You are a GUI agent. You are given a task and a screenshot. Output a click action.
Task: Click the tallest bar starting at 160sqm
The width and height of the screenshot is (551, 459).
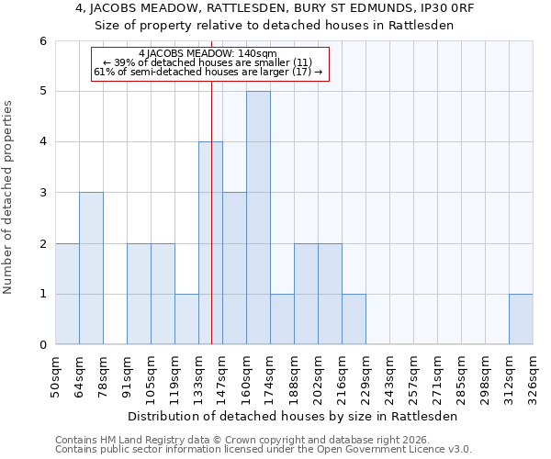(x=258, y=218)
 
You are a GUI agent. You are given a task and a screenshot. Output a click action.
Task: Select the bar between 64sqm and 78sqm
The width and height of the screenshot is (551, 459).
(x=91, y=268)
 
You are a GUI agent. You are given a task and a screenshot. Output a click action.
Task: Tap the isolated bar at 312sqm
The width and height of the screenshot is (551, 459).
(x=521, y=319)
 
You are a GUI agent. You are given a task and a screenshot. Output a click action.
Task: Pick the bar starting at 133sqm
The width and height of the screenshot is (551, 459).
(x=210, y=243)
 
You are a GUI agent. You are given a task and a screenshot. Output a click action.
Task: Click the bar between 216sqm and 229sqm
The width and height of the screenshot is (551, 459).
(x=354, y=319)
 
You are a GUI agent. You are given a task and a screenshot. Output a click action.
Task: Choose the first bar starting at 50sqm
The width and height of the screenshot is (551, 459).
(x=67, y=294)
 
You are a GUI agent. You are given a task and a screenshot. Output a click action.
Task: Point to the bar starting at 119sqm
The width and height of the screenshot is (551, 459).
(x=186, y=319)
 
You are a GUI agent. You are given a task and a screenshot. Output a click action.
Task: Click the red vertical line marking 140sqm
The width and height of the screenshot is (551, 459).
(x=212, y=202)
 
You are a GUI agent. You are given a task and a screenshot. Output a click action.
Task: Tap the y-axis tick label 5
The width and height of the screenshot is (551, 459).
(x=43, y=91)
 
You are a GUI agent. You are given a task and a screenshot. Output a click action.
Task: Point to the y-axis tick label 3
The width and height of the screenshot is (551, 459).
(x=43, y=193)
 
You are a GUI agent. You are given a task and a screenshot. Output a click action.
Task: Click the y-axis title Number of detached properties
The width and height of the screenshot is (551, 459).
(x=9, y=197)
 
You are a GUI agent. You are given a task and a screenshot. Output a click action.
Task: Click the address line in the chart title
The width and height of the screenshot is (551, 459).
(x=275, y=8)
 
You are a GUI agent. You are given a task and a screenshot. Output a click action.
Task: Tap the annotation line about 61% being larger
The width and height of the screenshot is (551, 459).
(x=208, y=72)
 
